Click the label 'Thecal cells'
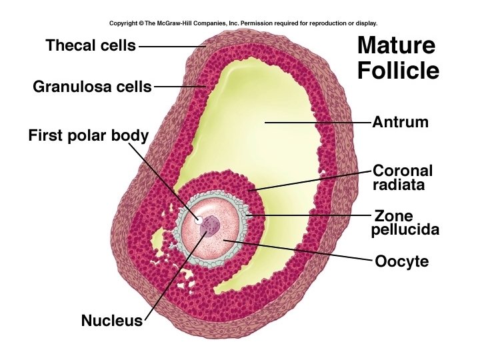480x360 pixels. (91, 46)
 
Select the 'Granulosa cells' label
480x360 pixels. (92, 87)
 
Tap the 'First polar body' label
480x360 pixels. (88, 136)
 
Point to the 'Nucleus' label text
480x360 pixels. (112, 321)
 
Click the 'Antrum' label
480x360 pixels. (400, 123)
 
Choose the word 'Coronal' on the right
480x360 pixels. (403, 171)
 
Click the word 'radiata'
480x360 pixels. (399, 185)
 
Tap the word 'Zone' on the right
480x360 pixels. (394, 216)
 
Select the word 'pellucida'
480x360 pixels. (405, 231)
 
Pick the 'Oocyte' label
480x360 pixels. (401, 262)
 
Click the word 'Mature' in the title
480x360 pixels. (396, 46)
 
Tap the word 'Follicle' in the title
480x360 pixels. (398, 70)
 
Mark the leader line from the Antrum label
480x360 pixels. (320, 123)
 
